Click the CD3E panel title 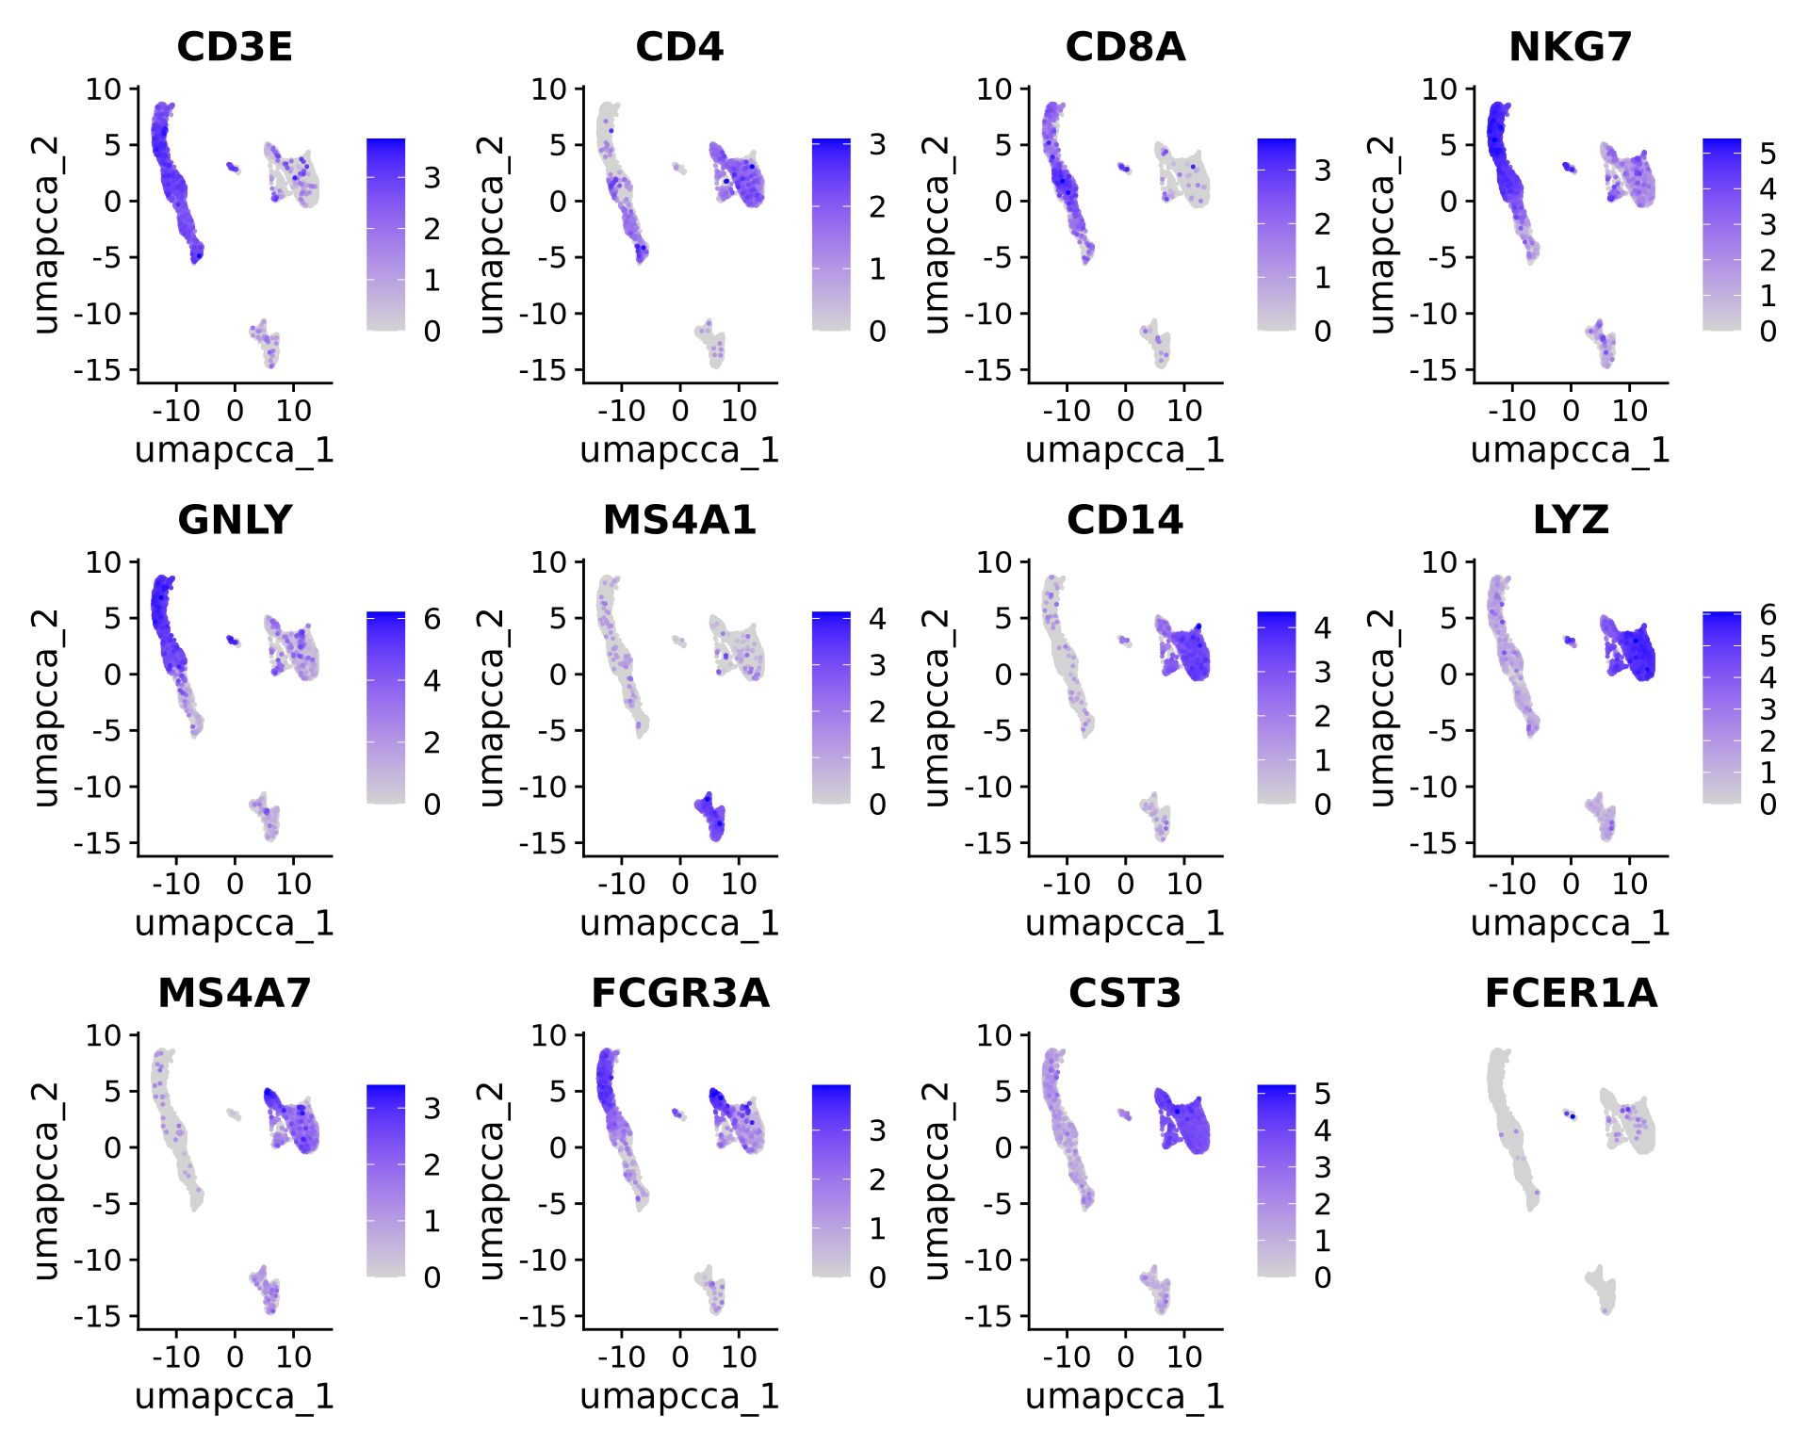pyautogui.click(x=235, y=47)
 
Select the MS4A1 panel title pyautogui.click(x=679, y=520)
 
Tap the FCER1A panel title pyautogui.click(x=1571, y=993)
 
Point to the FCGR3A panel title pyautogui.click(x=679, y=993)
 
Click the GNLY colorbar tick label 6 pyautogui.click(x=432, y=619)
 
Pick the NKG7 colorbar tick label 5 pyautogui.click(x=1768, y=154)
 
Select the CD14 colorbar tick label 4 pyautogui.click(x=1323, y=627)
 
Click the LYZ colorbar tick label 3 pyautogui.click(x=1768, y=709)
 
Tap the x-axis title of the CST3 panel pyautogui.click(x=1125, y=1395)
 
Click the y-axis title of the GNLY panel pyautogui.click(x=45, y=708)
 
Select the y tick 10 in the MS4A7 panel pyautogui.click(x=104, y=1035)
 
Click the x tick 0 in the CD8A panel pyautogui.click(x=1125, y=411)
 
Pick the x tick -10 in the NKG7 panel pyautogui.click(x=1511, y=411)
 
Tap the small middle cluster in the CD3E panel pyautogui.click(x=233, y=169)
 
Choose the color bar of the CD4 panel pyautogui.click(x=831, y=235)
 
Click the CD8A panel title pyautogui.click(x=1125, y=47)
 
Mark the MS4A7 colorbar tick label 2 pyautogui.click(x=432, y=1165)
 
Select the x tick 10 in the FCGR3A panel pyautogui.click(x=739, y=1357)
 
